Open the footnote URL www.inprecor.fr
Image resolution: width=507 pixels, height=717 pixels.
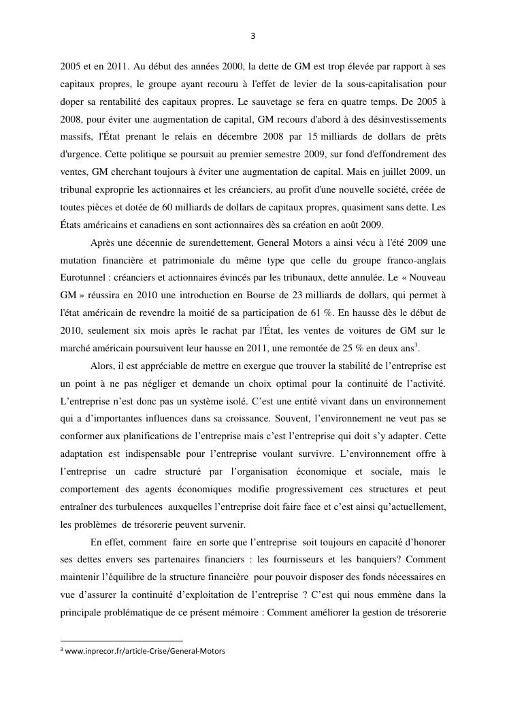(x=144, y=651)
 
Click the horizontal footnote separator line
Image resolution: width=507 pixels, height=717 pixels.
(x=122, y=641)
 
